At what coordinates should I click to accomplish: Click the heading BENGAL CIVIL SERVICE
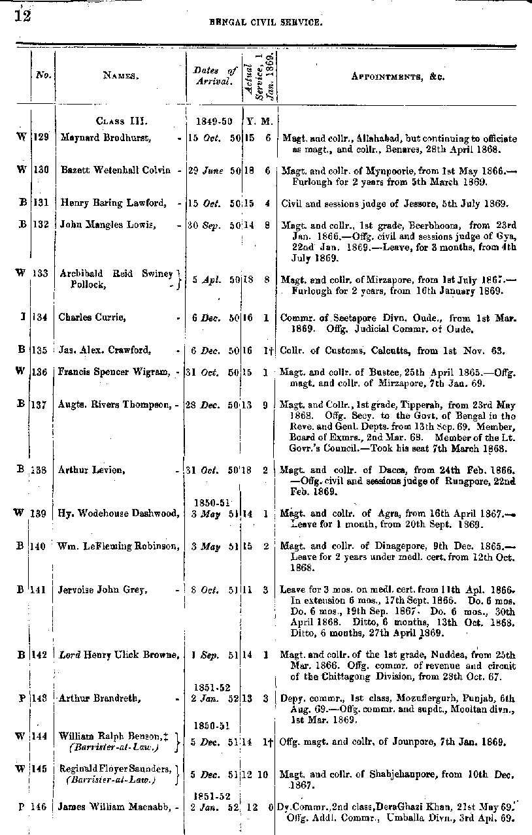[x=265, y=22]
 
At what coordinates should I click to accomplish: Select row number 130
[x=42, y=170]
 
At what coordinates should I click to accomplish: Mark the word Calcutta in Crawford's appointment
[x=381, y=350]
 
